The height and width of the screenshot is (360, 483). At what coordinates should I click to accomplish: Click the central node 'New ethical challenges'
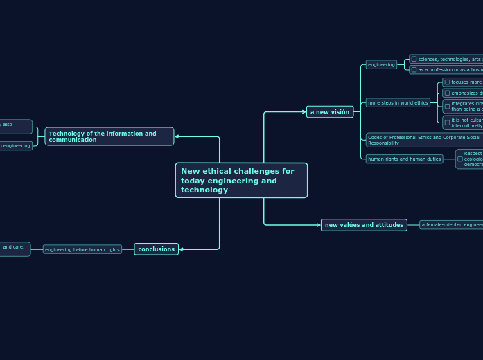point(241,181)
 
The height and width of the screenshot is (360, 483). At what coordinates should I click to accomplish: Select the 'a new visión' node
point(330,112)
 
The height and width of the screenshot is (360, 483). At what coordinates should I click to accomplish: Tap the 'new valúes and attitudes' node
point(364,225)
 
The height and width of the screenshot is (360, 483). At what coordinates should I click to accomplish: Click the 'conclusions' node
point(156,249)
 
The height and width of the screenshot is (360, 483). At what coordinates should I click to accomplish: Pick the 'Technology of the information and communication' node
point(109,136)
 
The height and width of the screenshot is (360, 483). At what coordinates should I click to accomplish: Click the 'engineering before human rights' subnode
point(82,249)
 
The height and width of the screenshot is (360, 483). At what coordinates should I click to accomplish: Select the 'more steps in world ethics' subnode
point(398,103)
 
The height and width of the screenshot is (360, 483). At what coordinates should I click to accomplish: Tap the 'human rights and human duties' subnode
point(405,159)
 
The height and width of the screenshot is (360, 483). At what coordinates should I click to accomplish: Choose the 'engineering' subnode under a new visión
point(381,65)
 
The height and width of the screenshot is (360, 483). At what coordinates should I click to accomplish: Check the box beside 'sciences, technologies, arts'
point(414,60)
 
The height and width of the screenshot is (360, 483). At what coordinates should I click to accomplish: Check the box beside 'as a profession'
point(414,70)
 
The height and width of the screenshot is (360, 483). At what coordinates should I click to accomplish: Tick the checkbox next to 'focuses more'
point(447,82)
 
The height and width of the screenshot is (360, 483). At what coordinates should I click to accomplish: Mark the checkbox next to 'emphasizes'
point(447,93)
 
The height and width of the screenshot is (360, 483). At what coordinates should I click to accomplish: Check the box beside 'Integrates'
point(447,106)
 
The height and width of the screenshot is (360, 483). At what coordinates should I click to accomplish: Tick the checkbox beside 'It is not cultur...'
point(447,123)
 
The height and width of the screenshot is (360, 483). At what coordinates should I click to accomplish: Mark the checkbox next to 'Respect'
point(460,159)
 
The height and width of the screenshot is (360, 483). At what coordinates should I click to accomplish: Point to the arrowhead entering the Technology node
point(177,136)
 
